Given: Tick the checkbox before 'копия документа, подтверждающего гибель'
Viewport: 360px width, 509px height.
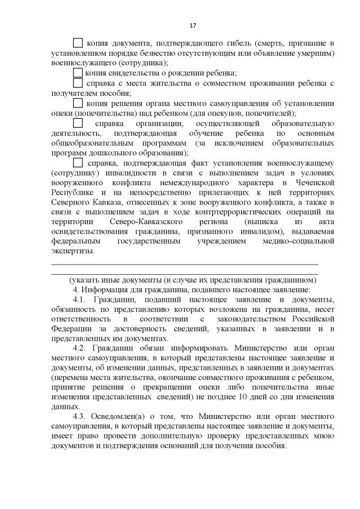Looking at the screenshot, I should pyautogui.click(x=78, y=43).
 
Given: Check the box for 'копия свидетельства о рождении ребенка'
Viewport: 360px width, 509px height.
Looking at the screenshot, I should pyautogui.click(x=78, y=73).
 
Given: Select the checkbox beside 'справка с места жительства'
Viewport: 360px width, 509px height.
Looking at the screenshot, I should pyautogui.click(x=78, y=83).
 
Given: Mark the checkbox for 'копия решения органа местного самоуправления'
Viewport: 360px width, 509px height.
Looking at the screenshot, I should pyautogui.click(x=78, y=103).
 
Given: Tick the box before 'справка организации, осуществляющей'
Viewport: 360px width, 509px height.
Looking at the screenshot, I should pyautogui.click(x=78, y=123).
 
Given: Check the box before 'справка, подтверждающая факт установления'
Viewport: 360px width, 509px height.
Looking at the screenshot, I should pyautogui.click(x=78, y=163).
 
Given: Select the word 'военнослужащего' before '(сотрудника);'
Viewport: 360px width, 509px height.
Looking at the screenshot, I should pyautogui.click(x=83, y=63).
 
